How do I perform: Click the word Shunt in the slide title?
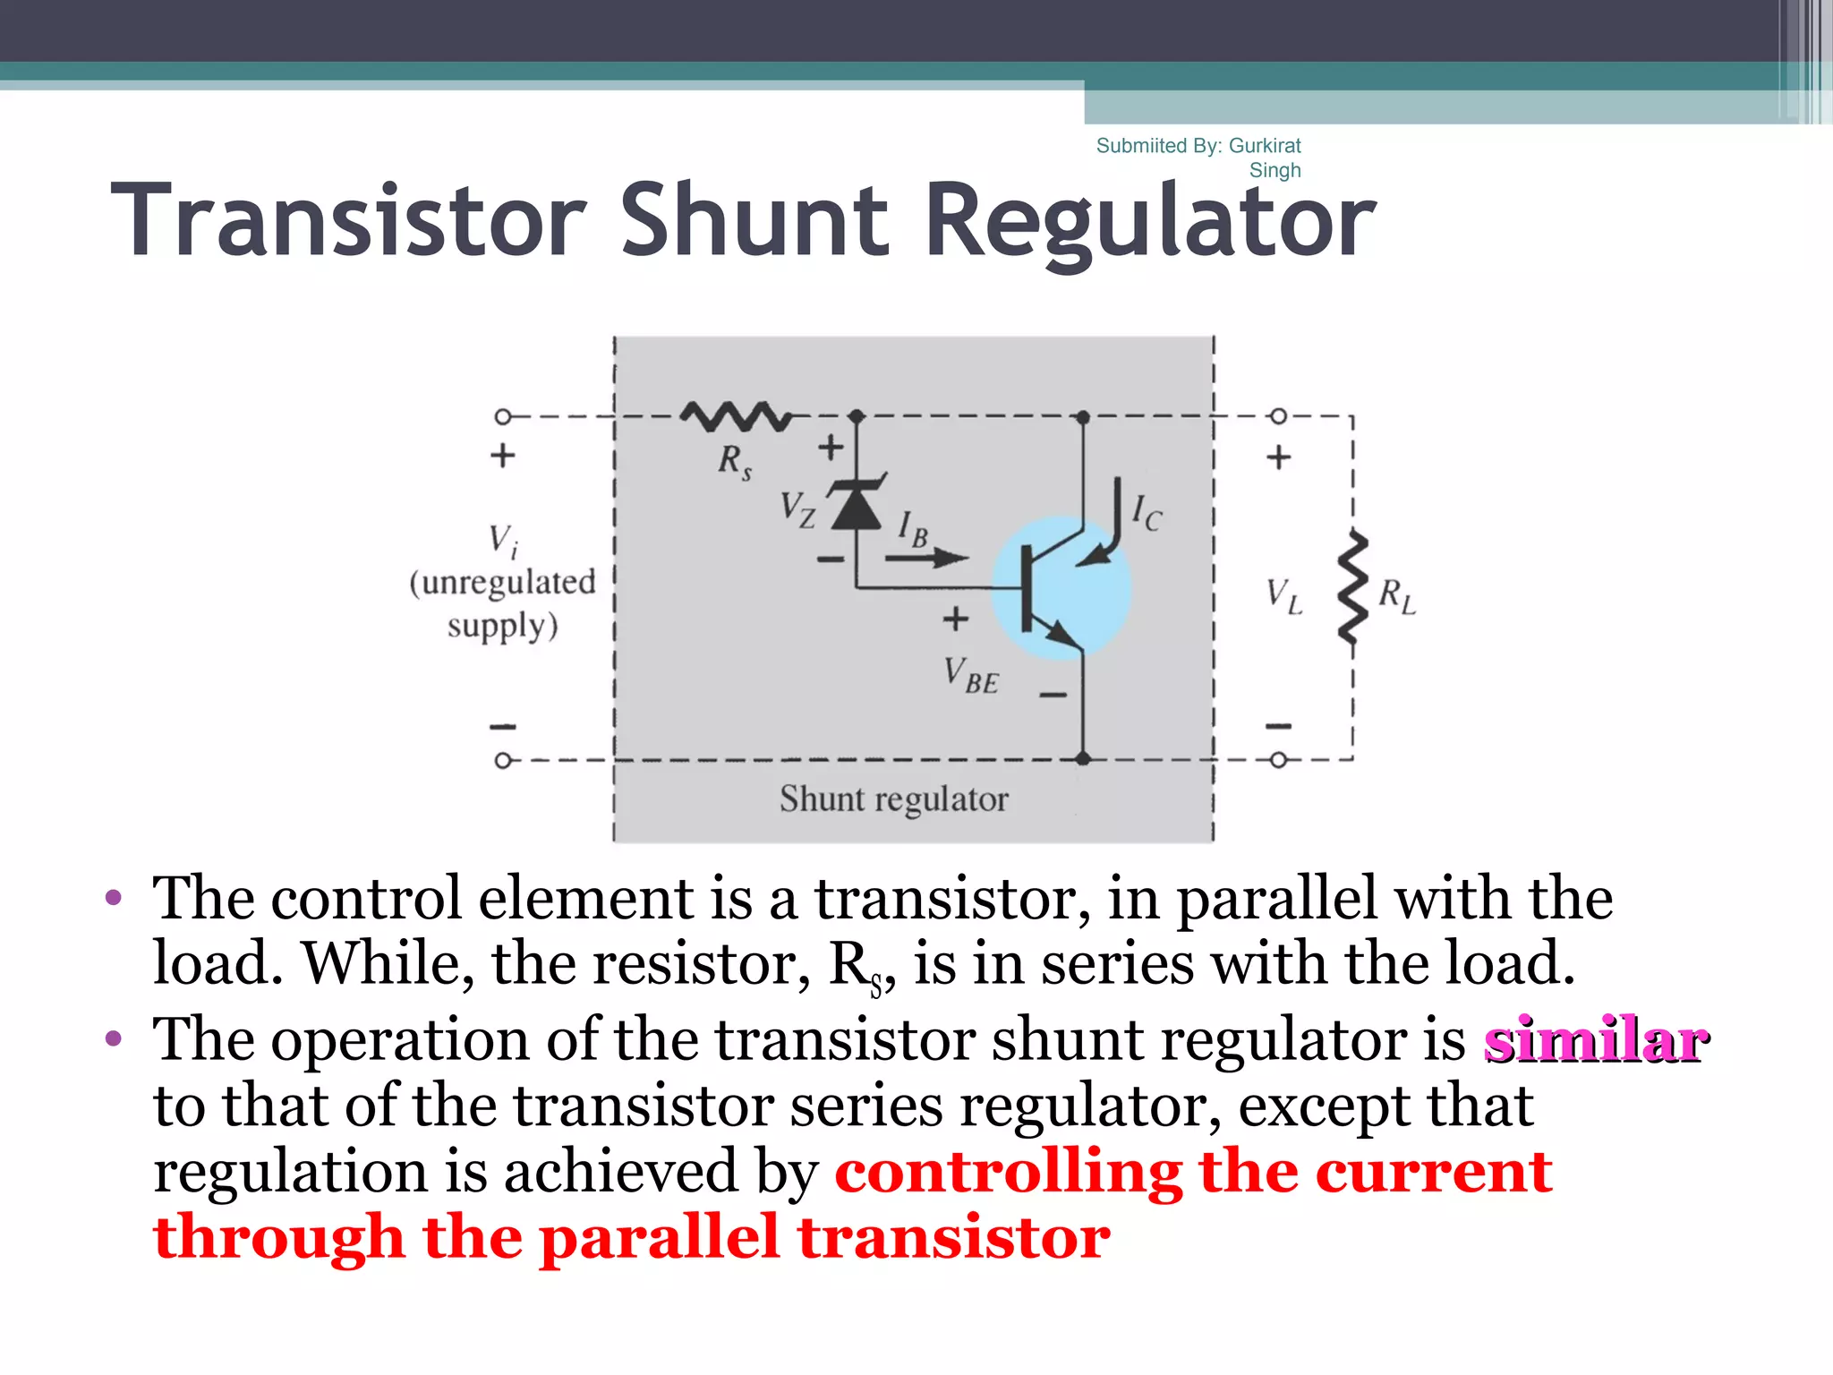tap(755, 220)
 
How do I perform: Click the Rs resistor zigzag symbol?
tap(736, 416)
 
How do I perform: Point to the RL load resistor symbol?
tap(1352, 588)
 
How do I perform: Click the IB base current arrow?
tap(927, 558)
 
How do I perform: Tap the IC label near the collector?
tap(1146, 513)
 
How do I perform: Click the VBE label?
tap(971, 676)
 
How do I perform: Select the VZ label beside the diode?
tap(797, 509)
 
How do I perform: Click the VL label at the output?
tap(1283, 595)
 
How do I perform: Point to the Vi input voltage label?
tap(503, 540)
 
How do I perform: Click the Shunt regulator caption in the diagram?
tap(893, 799)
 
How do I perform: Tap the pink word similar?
tap(1596, 1040)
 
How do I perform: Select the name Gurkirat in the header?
tap(1265, 145)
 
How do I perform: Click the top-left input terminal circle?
tap(503, 416)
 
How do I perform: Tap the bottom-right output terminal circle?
tap(1278, 760)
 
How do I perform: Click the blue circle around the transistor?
tap(1062, 588)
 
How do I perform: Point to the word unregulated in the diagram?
tap(503, 583)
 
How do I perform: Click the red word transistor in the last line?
tap(954, 1238)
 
